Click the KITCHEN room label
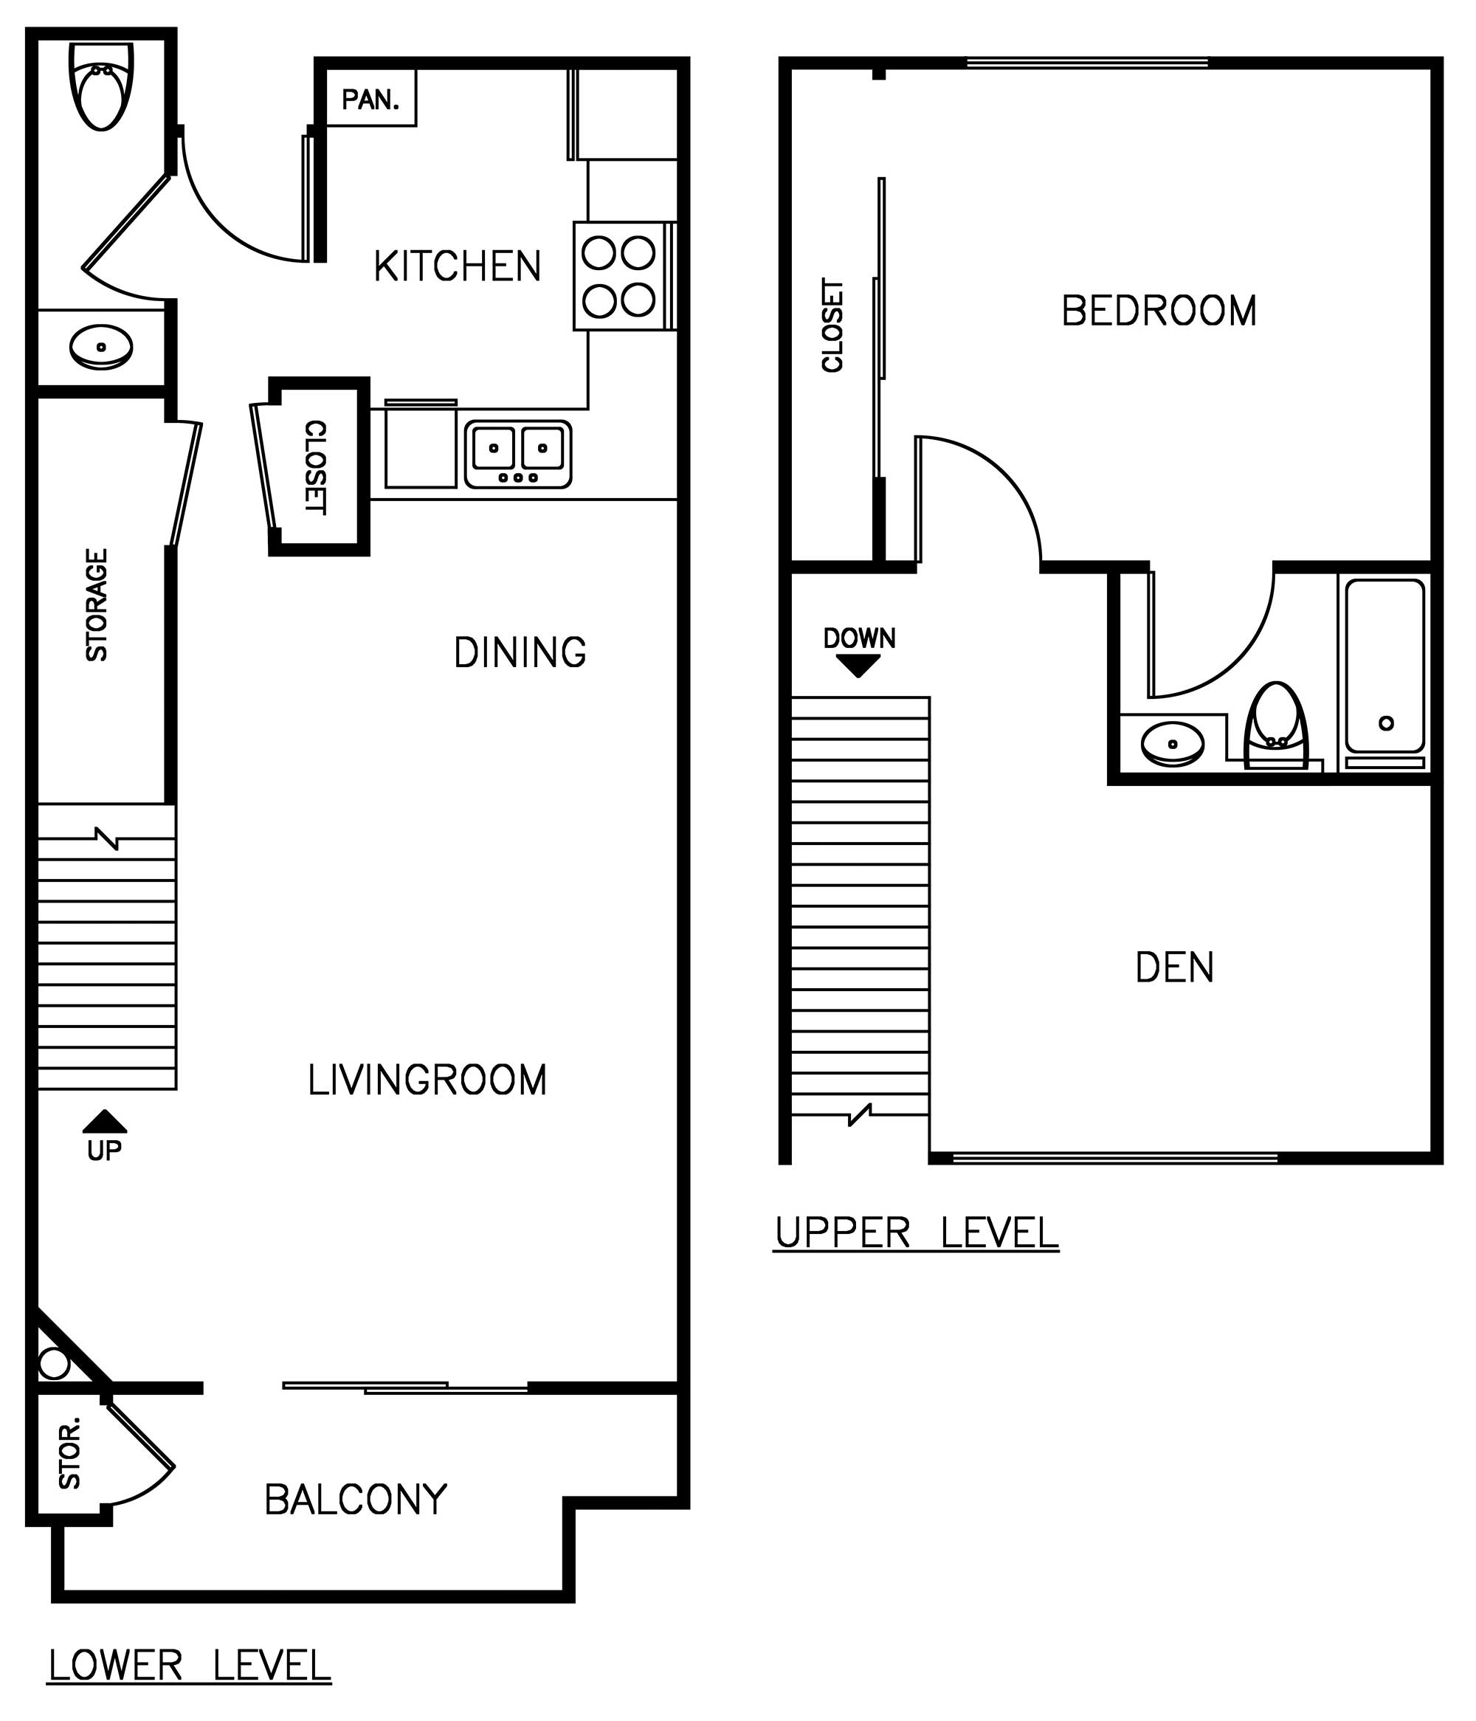458,266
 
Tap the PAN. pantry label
370,100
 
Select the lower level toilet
102,86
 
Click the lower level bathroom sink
101,347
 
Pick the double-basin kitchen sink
518,455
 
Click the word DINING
521,652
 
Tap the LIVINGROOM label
428,1080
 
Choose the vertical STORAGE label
97,605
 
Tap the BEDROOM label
1159,311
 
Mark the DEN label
1174,968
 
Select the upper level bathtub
1385,674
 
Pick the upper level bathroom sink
1173,744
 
